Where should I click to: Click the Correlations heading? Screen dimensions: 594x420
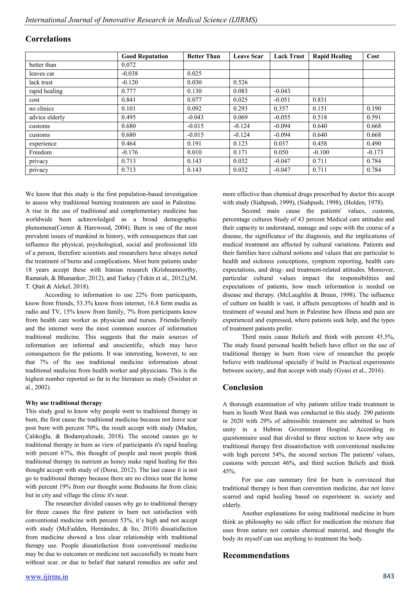[x=48, y=39]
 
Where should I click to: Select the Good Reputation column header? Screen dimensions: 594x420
[x=145, y=56]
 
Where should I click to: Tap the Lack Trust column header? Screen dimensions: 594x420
[x=289, y=56]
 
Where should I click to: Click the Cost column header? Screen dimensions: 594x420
[x=373, y=56]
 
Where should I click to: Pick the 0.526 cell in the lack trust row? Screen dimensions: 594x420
[x=240, y=82]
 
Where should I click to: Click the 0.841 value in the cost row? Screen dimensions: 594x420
[x=129, y=100]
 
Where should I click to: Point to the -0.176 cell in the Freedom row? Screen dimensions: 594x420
[x=130, y=152]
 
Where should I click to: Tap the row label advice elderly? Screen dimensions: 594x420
[x=47, y=118]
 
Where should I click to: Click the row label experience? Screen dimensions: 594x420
[x=43, y=144]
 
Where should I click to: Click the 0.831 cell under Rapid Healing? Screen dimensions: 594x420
[x=320, y=100]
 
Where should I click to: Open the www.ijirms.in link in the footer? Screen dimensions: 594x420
[x=47, y=577]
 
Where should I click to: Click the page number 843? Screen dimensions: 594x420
[x=388, y=576]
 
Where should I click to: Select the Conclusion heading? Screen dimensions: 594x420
[x=243, y=387]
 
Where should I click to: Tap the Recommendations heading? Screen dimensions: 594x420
[x=256, y=555]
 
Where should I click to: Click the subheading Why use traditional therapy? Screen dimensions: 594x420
[x=64, y=403]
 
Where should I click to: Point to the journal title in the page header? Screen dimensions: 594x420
[x=141, y=20]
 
